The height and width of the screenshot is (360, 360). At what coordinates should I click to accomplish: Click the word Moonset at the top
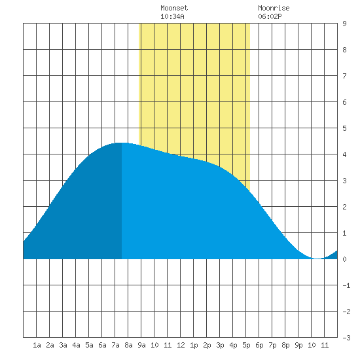(174, 8)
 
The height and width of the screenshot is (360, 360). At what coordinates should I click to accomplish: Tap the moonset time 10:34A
(172, 16)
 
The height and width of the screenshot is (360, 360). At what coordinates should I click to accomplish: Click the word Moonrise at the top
(274, 8)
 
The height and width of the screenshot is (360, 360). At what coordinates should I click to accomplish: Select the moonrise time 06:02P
(270, 16)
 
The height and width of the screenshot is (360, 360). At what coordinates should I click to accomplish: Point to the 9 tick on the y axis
(344, 24)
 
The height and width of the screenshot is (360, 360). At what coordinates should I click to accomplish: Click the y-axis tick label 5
(344, 128)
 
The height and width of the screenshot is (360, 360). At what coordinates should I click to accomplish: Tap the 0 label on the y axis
(344, 259)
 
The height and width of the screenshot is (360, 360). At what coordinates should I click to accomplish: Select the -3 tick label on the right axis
(346, 338)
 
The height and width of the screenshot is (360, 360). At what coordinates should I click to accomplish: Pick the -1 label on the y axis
(346, 285)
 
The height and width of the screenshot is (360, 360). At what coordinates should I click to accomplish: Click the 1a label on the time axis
(37, 345)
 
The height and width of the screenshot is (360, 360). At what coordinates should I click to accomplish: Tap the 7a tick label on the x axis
(115, 345)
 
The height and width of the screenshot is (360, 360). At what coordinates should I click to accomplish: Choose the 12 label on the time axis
(181, 345)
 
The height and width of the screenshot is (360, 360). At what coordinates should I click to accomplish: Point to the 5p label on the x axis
(246, 345)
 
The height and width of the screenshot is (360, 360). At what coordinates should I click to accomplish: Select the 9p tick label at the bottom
(298, 345)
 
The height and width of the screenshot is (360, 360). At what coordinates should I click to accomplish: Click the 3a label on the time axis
(63, 345)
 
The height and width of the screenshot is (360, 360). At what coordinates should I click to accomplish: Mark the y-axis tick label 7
(344, 76)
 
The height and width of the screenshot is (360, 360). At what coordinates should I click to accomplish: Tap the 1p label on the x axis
(194, 345)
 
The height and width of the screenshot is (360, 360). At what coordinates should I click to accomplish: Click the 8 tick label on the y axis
(344, 50)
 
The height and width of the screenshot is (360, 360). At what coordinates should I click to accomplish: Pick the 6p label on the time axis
(259, 345)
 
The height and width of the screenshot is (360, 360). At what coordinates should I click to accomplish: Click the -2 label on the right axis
(346, 312)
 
